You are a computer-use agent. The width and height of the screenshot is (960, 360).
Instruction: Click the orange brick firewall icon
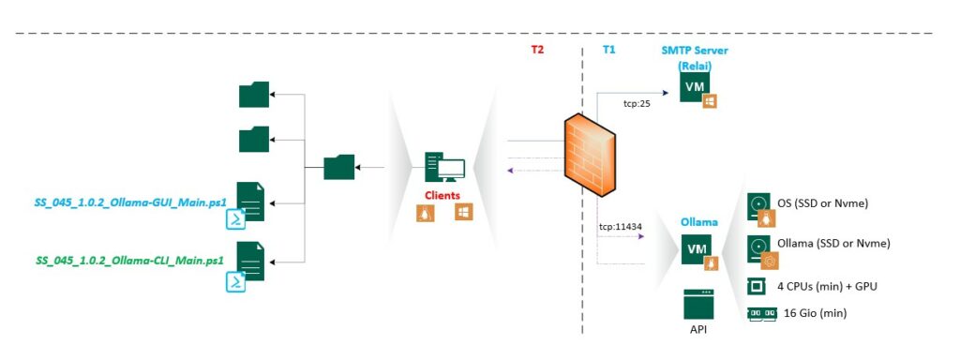591,157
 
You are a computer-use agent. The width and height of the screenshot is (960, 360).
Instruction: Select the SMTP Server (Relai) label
695,57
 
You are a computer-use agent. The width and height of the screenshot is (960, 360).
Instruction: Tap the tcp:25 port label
637,103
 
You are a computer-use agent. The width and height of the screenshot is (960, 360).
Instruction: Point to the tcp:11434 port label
621,227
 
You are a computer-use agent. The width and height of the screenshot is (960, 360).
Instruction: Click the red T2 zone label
537,51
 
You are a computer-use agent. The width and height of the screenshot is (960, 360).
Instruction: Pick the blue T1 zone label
608,51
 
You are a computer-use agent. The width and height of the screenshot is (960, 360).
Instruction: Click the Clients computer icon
445,167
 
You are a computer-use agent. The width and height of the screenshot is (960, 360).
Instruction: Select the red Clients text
442,195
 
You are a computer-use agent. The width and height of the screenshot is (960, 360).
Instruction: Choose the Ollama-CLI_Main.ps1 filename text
129,261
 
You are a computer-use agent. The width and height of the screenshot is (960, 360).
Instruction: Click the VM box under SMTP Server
695,86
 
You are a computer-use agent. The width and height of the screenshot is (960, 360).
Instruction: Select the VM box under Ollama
697,249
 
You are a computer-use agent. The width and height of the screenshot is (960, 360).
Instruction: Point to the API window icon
698,305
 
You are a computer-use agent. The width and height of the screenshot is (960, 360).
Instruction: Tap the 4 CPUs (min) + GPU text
822,286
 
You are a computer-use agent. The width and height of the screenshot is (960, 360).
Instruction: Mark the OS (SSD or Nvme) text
822,203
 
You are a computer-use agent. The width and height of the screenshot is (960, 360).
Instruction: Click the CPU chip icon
757,287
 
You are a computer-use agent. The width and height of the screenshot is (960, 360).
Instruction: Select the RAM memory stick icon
761,313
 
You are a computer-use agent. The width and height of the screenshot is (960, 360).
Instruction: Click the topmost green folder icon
254,95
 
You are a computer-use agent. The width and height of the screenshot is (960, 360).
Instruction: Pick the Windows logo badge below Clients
462,213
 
